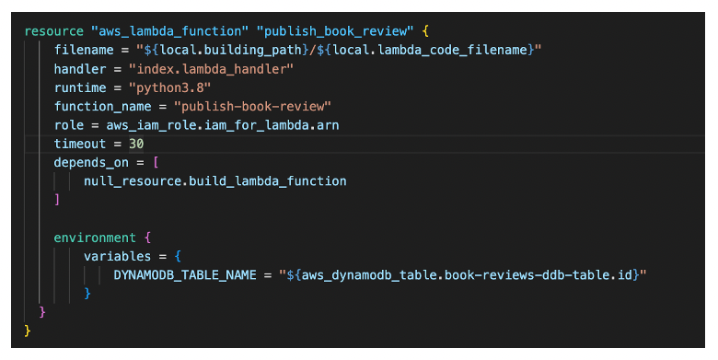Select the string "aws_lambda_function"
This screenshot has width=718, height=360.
coord(172,29)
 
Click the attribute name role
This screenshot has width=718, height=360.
coord(69,124)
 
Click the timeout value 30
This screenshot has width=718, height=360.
coord(136,144)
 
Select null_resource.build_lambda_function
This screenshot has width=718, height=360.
coord(214,181)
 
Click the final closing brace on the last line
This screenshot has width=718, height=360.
coord(28,331)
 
